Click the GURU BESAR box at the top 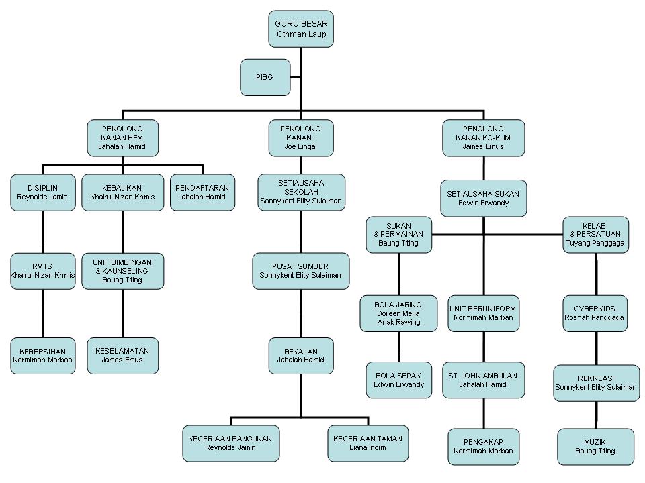(301, 29)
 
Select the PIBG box (265, 77)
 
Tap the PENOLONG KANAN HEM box (122, 138)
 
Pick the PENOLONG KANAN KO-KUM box (483, 138)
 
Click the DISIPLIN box (43, 193)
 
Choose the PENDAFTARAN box (202, 193)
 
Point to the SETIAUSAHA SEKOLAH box (301, 193)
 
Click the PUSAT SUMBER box (301, 271)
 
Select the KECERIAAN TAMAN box (368, 443)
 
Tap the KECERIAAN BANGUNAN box (230, 443)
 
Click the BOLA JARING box (398, 313)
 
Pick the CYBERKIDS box (595, 313)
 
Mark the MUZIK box (595, 447)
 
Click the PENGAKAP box (483, 447)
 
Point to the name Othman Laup (301, 34)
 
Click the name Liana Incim (368, 447)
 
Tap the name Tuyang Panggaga (595, 243)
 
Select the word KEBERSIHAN (43, 352)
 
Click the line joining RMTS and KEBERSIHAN (43, 314)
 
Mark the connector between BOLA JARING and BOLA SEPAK (398, 347)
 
